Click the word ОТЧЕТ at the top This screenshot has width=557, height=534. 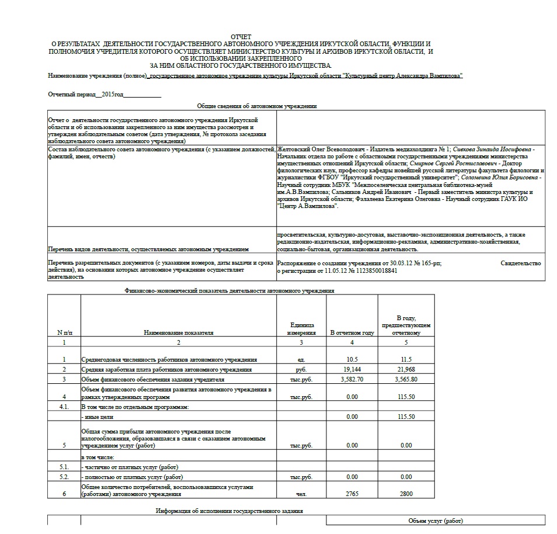pyautogui.click(x=241, y=37)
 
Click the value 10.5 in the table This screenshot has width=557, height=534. pyautogui.click(x=351, y=359)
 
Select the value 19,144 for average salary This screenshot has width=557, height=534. pyautogui.click(x=351, y=370)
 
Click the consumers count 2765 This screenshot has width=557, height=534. pyautogui.click(x=351, y=494)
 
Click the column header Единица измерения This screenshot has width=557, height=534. pyautogui.click(x=301, y=329)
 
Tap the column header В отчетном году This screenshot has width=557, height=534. pyautogui.click(x=351, y=333)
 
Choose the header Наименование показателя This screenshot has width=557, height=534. pyautogui.click(x=179, y=333)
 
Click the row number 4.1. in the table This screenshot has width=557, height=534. pyautogui.click(x=64, y=406)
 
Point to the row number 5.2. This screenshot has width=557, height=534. pyautogui.click(x=64, y=477)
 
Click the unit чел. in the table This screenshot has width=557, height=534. pyautogui.click(x=301, y=494)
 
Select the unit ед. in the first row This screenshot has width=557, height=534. pyautogui.click(x=301, y=359)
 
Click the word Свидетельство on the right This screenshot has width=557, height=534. pyautogui.click(x=521, y=263)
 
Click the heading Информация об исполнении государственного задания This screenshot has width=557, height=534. pyautogui.click(x=229, y=511)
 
